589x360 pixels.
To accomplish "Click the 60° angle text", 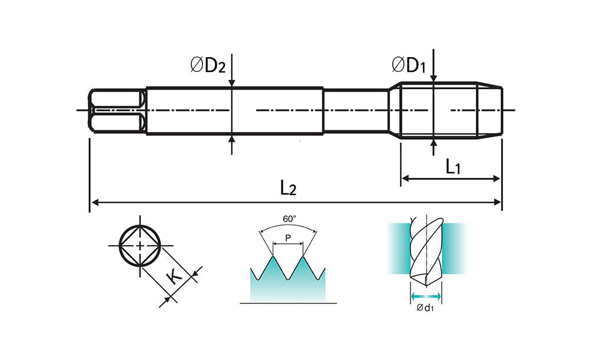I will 289,219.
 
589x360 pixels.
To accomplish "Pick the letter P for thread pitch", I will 288,238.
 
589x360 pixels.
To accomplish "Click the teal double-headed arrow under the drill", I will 425,295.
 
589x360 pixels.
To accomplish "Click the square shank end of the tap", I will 118,110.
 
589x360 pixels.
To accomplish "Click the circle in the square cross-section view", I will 140,246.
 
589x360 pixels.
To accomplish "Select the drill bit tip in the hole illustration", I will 418,278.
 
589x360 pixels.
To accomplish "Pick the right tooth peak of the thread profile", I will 303,257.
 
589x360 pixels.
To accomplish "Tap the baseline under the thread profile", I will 288,303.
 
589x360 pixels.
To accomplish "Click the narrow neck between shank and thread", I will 356,110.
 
